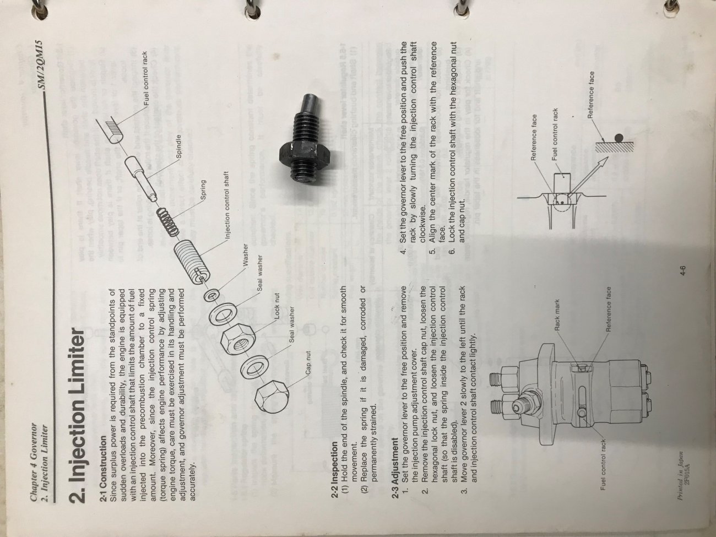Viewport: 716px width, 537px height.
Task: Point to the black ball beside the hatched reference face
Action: coord(619,139)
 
